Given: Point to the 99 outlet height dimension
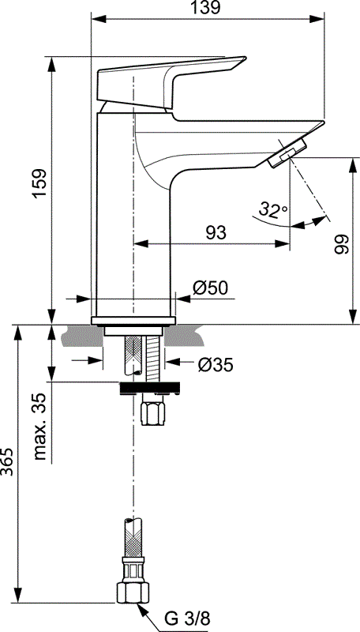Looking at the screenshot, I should (x=340, y=245).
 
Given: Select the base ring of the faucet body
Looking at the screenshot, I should (x=133, y=321).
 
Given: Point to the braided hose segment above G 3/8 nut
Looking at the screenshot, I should (x=131, y=535).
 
